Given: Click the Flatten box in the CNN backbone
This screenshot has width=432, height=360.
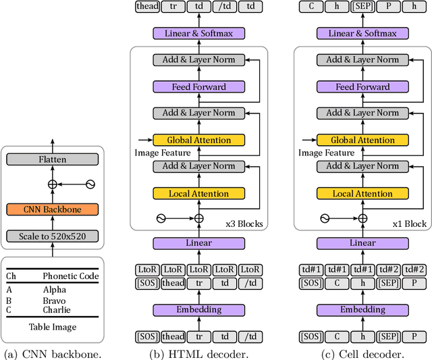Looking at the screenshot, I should point(52,159).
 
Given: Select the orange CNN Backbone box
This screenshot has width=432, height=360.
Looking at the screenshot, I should point(52,209).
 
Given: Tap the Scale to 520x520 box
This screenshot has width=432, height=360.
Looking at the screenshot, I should point(52,236).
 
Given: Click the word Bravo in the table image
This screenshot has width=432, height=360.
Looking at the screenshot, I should point(55,301).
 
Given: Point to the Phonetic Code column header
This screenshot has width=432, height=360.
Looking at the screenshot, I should point(70,276).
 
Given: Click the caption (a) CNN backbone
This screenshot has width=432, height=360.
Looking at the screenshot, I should point(52,353).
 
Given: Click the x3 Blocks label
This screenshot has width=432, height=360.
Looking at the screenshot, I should point(243,224).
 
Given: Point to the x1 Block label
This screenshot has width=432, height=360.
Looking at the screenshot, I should point(409,224).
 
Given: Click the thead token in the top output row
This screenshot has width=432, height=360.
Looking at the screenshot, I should point(146,7).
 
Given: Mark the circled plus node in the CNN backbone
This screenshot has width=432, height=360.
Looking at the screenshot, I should point(52,184).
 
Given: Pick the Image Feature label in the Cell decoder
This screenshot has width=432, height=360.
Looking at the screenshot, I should point(326,153).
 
